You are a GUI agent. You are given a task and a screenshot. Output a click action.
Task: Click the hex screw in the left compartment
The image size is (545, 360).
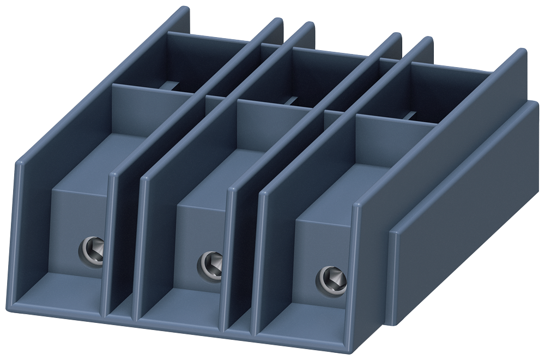coord(90,250)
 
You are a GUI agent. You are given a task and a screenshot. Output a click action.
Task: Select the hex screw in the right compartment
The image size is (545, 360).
coord(331,278)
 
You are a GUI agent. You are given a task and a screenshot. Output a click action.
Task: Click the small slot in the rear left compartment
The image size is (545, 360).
coord(173,86)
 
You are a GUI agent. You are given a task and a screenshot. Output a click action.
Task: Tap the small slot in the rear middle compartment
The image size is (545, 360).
coord(292,100)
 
